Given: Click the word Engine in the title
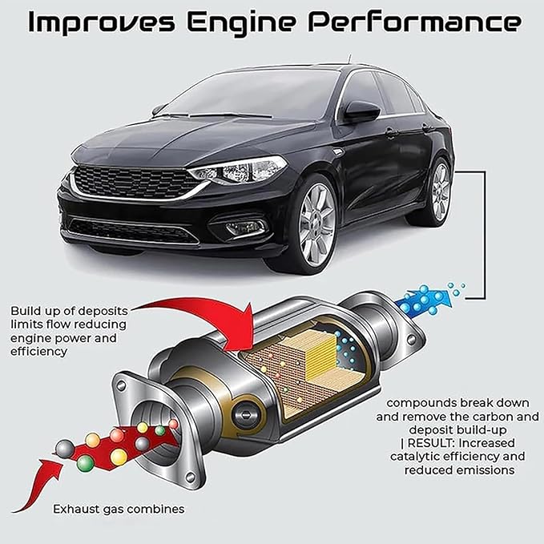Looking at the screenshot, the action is [241, 23].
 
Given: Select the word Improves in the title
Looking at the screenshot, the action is [101, 23].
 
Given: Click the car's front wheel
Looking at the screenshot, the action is [316, 225].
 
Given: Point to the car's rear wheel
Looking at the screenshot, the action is [441, 191].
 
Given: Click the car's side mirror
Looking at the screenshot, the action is [362, 111].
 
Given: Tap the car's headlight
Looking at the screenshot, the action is [240, 170].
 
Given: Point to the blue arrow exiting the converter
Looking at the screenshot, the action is [425, 300].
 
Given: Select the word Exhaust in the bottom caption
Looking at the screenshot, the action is [76, 509].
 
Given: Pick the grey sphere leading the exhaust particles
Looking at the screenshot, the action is [65, 449].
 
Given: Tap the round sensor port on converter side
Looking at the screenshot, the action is [246, 413].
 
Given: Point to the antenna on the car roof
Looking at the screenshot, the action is [349, 59].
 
